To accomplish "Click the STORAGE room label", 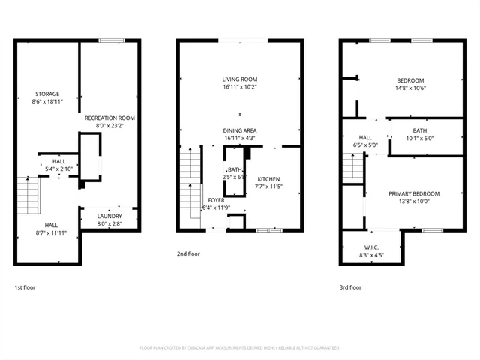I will [x=46, y=94].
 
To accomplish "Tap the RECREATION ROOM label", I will [x=109, y=118].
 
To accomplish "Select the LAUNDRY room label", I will [x=109, y=217].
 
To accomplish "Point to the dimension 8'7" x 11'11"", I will [x=51, y=233].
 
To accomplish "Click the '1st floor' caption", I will [x=25, y=287].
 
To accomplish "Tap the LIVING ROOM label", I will [x=240, y=79].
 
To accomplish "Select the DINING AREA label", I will [x=240, y=130].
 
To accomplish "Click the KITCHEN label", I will [x=268, y=179].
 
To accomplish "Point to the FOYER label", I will [x=217, y=200].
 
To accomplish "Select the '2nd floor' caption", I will [x=188, y=254].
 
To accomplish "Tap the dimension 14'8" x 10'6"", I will [x=410, y=88].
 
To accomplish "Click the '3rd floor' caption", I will [x=351, y=287].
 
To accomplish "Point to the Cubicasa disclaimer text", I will [x=240, y=348].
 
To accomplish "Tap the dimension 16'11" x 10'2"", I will [x=240, y=86].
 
